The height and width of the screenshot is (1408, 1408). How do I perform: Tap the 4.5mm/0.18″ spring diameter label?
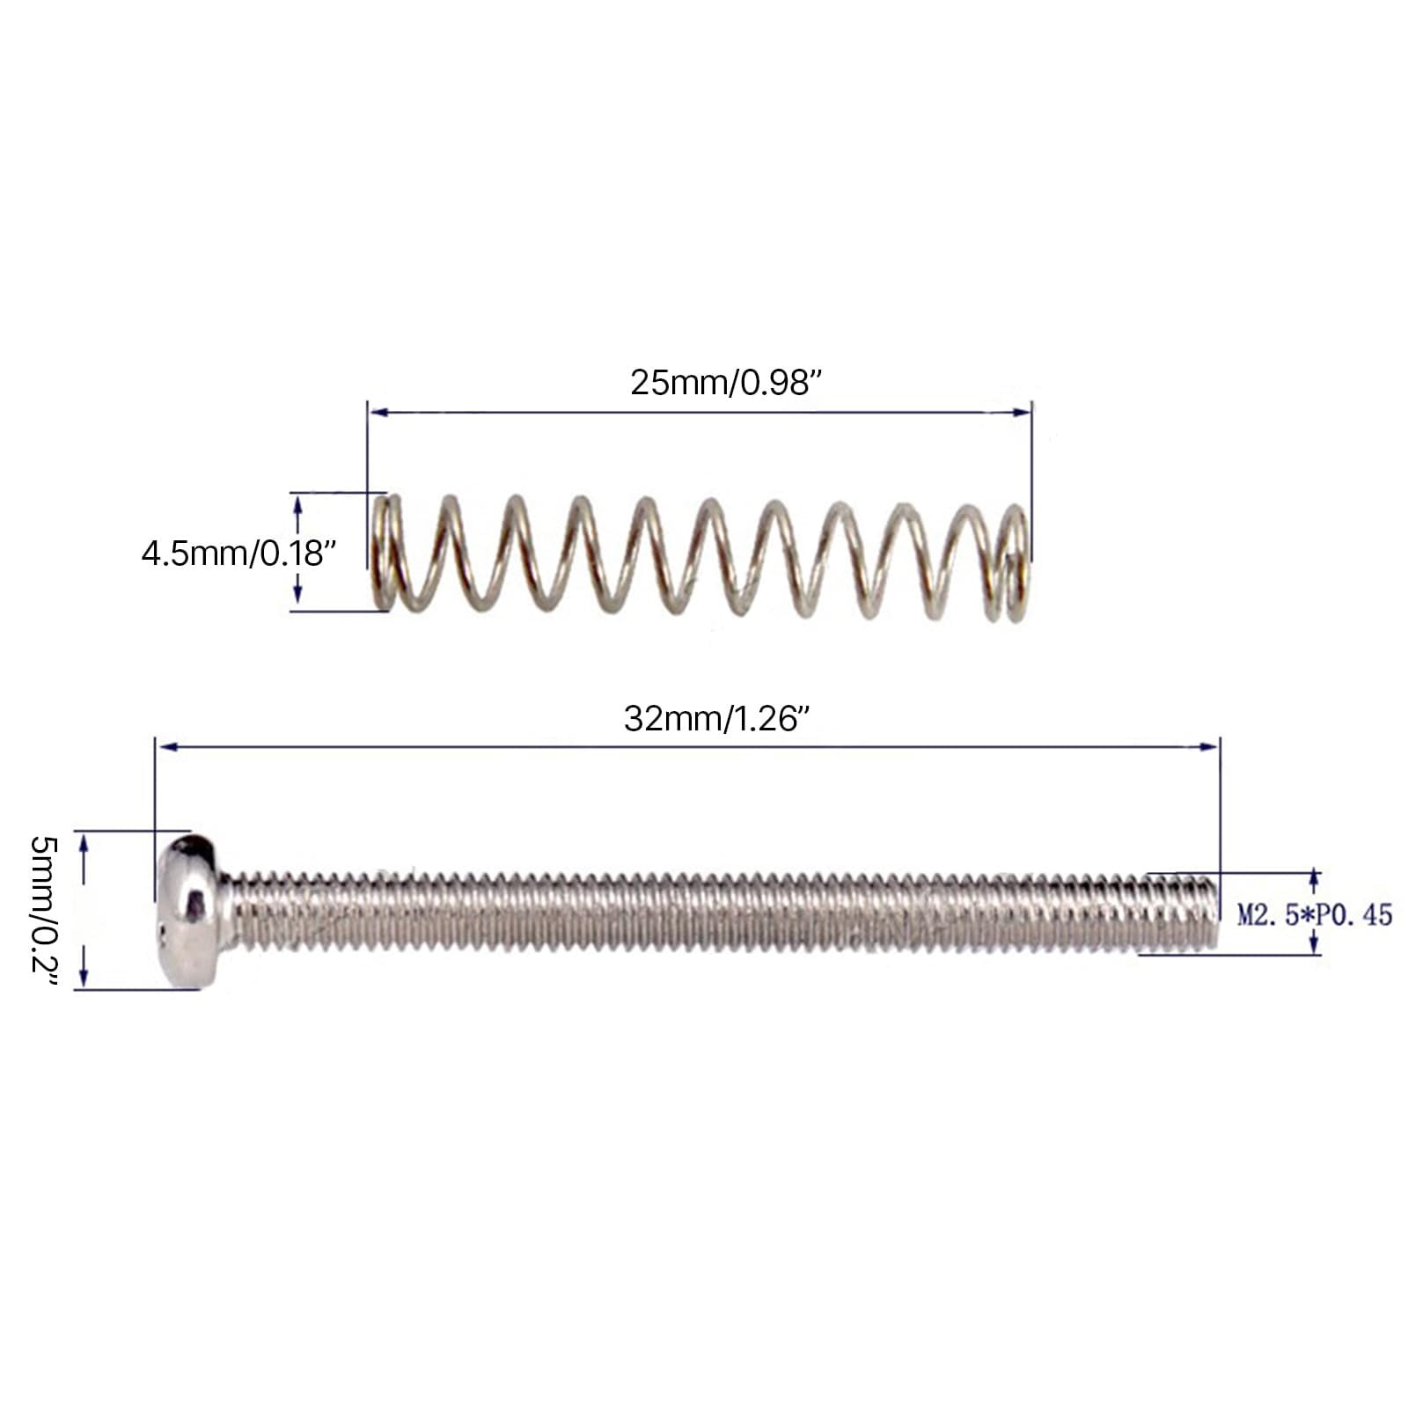[239, 554]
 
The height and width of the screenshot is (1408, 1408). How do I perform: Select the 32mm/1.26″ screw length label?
[716, 719]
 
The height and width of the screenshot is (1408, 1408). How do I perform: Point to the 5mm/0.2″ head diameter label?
[44, 912]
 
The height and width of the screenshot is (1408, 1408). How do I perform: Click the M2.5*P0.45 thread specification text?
[1315, 915]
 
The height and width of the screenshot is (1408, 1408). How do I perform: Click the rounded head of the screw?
[194, 911]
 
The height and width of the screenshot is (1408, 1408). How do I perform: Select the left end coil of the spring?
[385, 552]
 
